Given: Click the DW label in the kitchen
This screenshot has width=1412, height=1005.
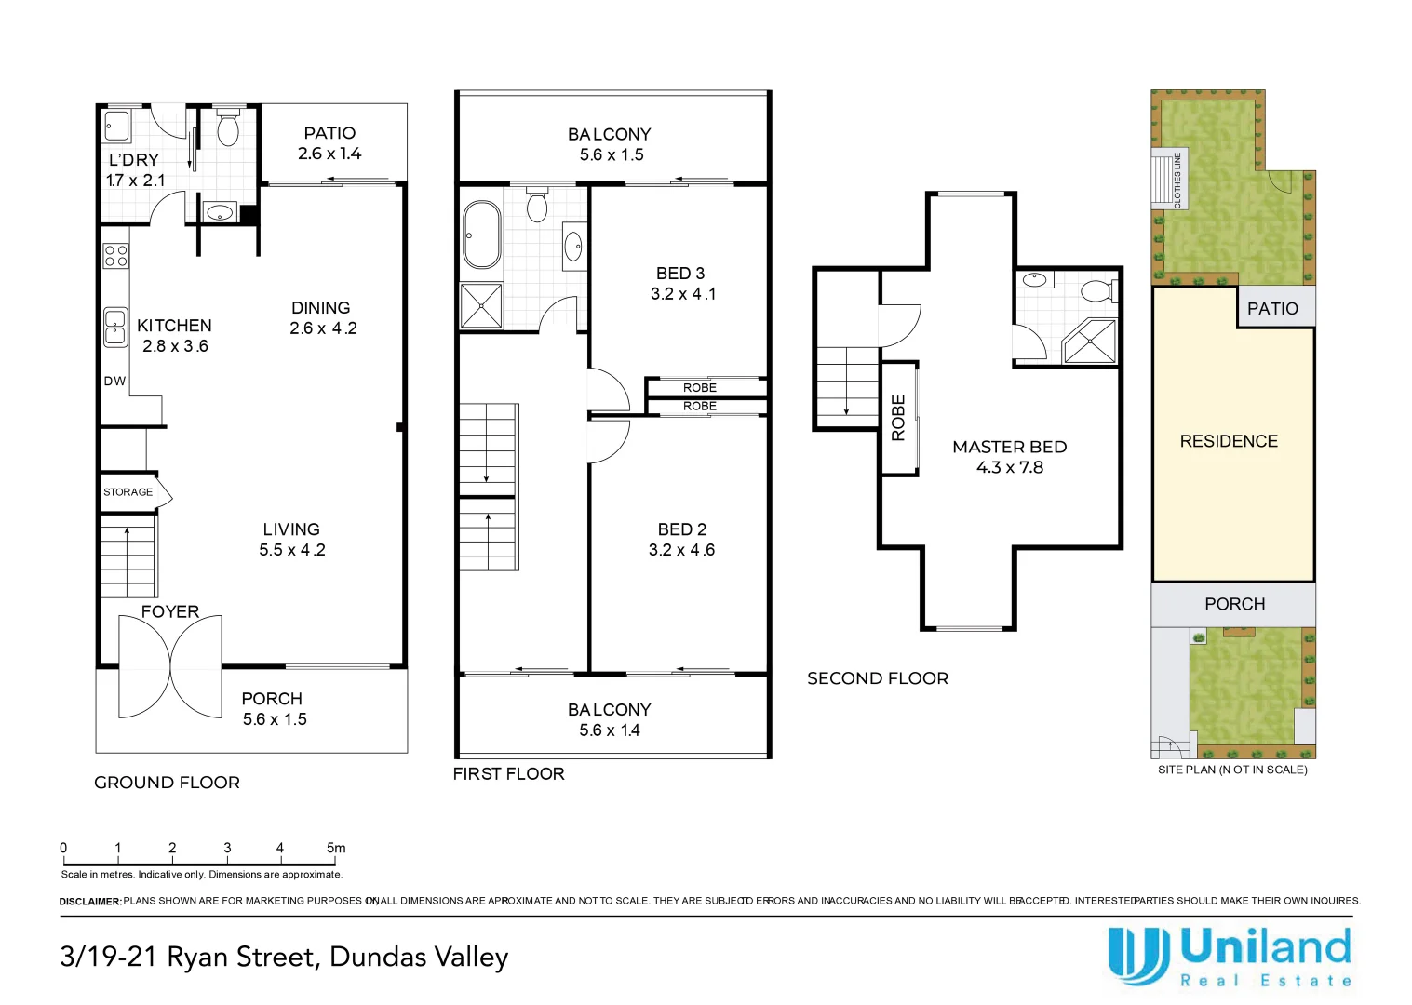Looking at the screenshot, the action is pyautogui.click(x=114, y=381).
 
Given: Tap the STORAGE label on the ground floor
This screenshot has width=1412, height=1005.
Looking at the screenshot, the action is pyautogui.click(x=128, y=492).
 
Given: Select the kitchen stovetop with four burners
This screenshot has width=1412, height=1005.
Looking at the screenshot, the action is pyautogui.click(x=116, y=257).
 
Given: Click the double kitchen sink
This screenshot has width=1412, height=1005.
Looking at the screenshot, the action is pyautogui.click(x=115, y=328).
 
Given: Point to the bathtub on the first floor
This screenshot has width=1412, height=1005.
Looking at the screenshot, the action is pyautogui.click(x=482, y=235).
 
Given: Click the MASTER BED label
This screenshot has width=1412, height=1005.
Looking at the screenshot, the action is pyautogui.click(x=1009, y=447).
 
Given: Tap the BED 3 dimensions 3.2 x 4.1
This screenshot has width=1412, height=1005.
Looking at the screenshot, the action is pyautogui.click(x=683, y=294).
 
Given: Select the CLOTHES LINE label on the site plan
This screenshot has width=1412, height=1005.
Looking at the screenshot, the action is pyautogui.click(x=1177, y=181).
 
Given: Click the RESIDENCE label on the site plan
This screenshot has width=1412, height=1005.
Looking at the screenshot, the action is pyautogui.click(x=1229, y=441).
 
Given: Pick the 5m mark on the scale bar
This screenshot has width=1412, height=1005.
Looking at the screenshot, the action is pyautogui.click(x=336, y=848).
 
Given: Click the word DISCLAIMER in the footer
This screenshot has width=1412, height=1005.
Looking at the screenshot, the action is pyautogui.click(x=90, y=902).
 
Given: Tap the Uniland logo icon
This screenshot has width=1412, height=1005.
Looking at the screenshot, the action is pyautogui.click(x=1138, y=956).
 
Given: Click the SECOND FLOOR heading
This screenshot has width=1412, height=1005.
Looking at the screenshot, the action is pyautogui.click(x=878, y=678).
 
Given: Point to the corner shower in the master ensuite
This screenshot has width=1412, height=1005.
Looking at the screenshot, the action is pyautogui.click(x=1089, y=342).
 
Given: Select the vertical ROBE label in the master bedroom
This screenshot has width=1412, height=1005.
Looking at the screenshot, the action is pyautogui.click(x=898, y=418).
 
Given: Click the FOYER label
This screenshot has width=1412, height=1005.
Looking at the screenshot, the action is pyautogui.click(x=170, y=611).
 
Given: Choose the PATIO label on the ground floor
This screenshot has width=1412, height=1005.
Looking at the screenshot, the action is pyautogui.click(x=329, y=133).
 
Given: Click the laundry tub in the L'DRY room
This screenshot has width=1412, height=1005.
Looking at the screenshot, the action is pyautogui.click(x=116, y=126).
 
